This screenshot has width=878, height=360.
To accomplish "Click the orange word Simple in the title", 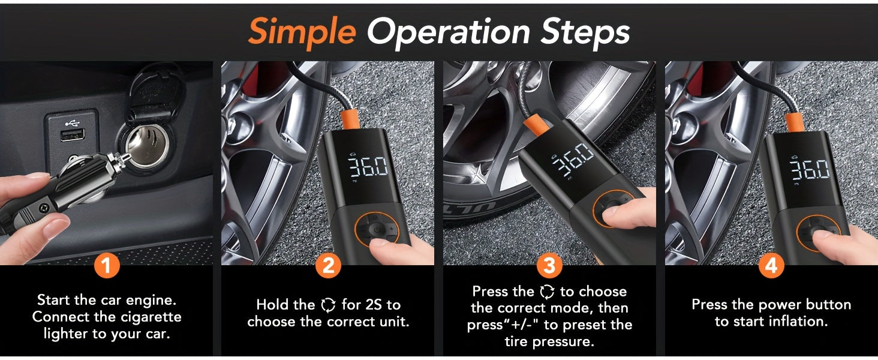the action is coord(302,33).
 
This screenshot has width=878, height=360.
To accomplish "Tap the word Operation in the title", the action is coord(449,33).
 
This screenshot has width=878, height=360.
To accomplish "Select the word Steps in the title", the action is coord(585,33).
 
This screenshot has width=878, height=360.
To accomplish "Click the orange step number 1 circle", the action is coord(107,265).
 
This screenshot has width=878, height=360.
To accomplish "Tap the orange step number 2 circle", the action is coord(328,265).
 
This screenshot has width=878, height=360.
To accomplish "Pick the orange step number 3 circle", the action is coord(549,265).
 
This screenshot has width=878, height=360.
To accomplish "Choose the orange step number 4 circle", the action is coord(771,265).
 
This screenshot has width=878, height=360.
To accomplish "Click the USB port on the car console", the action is coord(73,134).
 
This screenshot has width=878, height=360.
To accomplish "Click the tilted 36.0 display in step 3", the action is coord(573,159).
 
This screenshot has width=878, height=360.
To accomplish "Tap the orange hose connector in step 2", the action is coord(350,120).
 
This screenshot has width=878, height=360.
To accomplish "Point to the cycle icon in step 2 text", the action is coord(328,305).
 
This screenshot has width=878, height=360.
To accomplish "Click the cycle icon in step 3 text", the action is coord(547,292).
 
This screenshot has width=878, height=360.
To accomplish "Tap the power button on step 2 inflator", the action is coord(377,230).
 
